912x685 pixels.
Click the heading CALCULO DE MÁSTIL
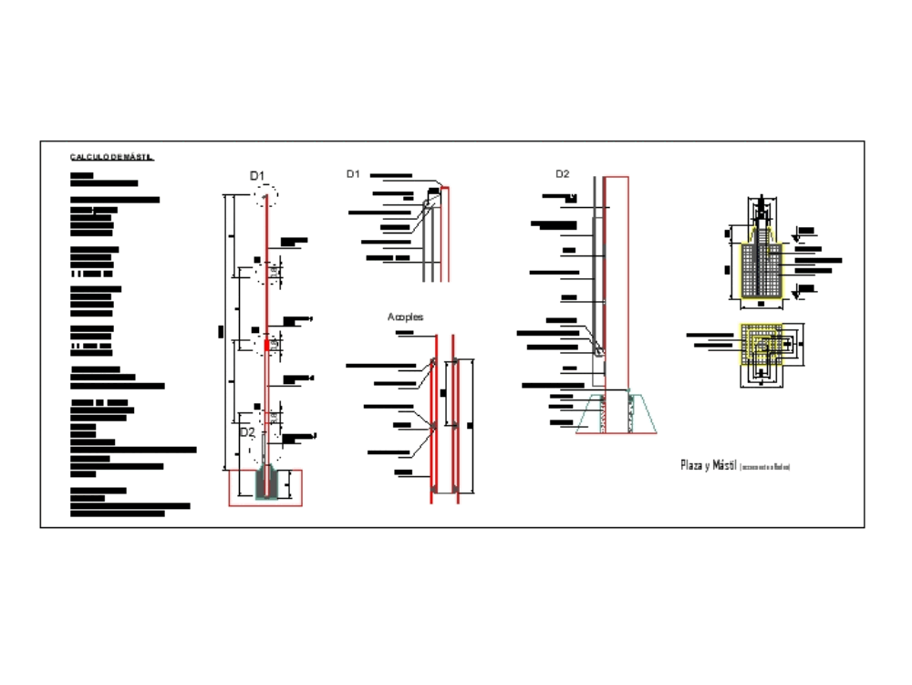click(111, 157)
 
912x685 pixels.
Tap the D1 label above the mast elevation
click(258, 175)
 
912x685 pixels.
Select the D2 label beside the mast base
click(247, 431)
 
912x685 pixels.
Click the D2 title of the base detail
click(563, 173)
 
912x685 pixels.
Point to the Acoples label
click(405, 317)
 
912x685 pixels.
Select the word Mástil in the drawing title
click(722, 466)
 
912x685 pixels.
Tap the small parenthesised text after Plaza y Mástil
click(765, 467)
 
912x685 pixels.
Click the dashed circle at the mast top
click(265, 195)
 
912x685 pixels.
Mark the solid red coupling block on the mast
click(266, 344)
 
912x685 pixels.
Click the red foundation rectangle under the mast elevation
click(265, 488)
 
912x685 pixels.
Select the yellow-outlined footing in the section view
click(761, 270)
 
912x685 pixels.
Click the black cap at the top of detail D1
click(434, 191)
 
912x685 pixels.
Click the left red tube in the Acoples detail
click(433, 420)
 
